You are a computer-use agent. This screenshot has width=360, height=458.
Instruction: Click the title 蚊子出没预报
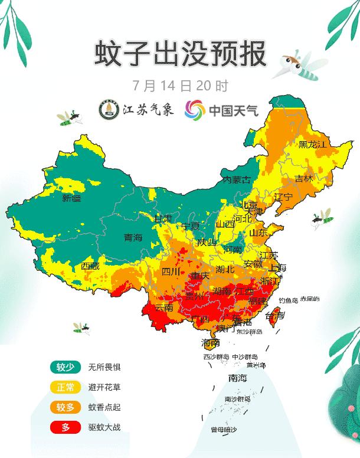180,54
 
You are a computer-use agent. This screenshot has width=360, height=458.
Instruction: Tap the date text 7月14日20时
181,85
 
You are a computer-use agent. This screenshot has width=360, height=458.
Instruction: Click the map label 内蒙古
236,179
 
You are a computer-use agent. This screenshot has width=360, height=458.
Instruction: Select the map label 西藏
90,266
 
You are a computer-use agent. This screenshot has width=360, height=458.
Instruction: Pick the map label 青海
133,237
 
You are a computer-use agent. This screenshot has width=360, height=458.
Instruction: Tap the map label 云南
163,307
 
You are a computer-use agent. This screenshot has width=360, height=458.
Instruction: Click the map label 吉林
304,178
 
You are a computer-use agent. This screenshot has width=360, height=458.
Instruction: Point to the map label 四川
171,271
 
